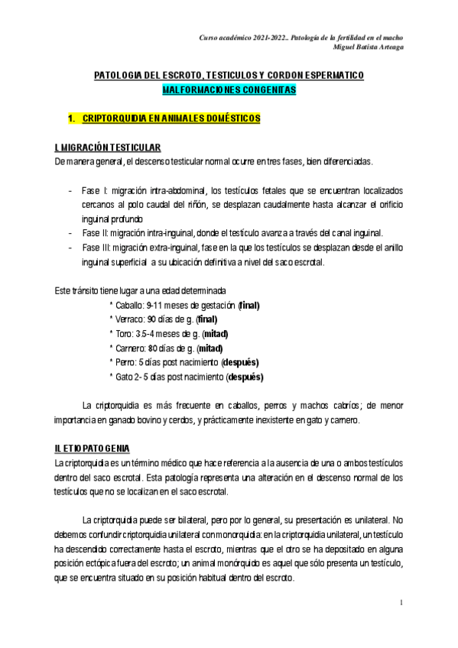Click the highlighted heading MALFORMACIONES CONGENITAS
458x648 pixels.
pos(229,89)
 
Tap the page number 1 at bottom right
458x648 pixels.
pos(401,604)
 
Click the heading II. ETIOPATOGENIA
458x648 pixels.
pos(93,447)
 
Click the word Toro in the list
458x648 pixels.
pos(124,334)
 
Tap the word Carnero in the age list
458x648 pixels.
pos(131,348)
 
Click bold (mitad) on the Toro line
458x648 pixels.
pos(213,334)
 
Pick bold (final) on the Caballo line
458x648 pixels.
pos(248,306)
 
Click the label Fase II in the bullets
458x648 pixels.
pos(96,232)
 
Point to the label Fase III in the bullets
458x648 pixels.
pos(97,248)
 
